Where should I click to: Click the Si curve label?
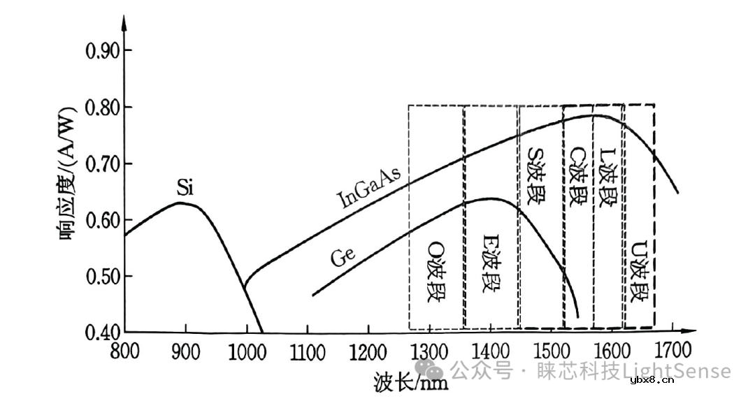pyautogui.click(x=185, y=188)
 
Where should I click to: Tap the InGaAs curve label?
pyautogui.click(x=370, y=189)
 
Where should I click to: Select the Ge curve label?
pyautogui.click(x=344, y=257)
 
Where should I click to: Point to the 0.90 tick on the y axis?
pyautogui.click(x=101, y=51)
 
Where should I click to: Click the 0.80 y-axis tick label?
pyautogui.click(x=101, y=108)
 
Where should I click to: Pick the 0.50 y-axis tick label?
pyautogui.click(x=101, y=277)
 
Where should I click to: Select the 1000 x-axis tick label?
pyautogui.click(x=245, y=349)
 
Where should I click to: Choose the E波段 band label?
pyautogui.click(x=491, y=271)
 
